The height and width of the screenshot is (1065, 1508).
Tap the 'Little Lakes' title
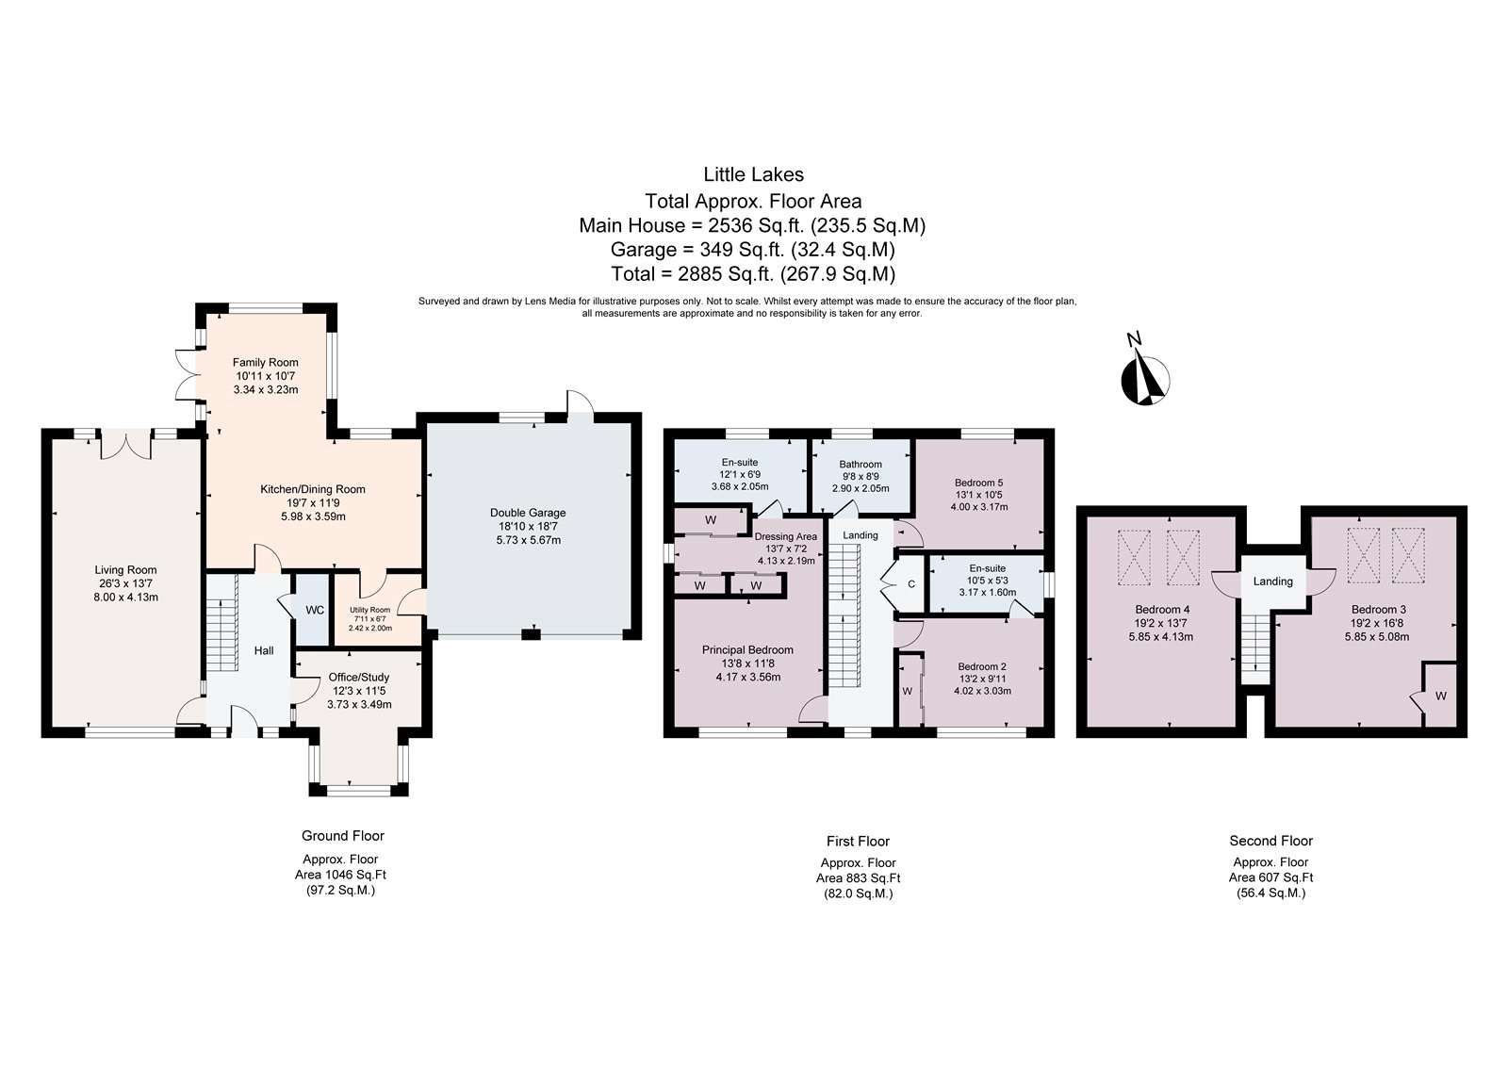pyautogui.click(x=753, y=174)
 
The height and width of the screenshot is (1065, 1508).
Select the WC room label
pyautogui.click(x=315, y=610)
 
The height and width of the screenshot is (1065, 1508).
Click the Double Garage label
pyautogui.click(x=528, y=513)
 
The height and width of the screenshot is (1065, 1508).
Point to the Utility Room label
pyautogui.click(x=369, y=610)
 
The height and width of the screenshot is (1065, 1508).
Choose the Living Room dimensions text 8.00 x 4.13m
pyautogui.click(x=126, y=598)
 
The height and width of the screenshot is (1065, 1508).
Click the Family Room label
pyautogui.click(x=265, y=362)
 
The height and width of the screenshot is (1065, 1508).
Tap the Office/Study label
pyautogui.click(x=359, y=678)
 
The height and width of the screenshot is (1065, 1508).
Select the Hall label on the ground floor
pyautogui.click(x=264, y=650)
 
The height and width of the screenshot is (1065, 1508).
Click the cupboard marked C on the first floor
pyautogui.click(x=910, y=583)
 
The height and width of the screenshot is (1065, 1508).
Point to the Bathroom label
pyautogui.click(x=861, y=465)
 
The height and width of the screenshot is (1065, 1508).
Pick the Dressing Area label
pyautogui.click(x=786, y=536)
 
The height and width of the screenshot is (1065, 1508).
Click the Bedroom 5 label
pyautogui.click(x=979, y=483)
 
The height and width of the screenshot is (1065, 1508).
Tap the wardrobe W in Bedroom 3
pyautogui.click(x=1440, y=696)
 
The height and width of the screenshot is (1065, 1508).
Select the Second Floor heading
pyautogui.click(x=1271, y=841)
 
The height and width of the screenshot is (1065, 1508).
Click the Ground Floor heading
pyautogui.click(x=343, y=836)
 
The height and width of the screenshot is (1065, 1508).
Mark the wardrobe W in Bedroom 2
pyautogui.click(x=907, y=692)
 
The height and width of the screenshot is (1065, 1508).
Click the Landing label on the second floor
pyautogui.click(x=1272, y=581)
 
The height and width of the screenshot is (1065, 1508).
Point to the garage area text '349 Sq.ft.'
pyautogui.click(x=743, y=250)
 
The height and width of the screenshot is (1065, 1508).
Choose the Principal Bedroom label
pyautogui.click(x=747, y=650)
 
